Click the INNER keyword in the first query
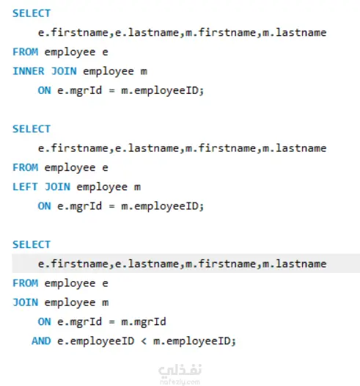point(29,71)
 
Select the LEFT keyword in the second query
point(25,187)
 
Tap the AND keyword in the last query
point(41,341)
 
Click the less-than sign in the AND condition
point(144,341)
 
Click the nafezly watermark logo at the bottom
point(180,374)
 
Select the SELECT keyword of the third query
point(32,244)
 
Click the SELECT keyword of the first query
point(32,13)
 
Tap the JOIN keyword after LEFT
point(57,187)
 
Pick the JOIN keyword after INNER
point(64,71)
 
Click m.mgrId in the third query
point(144,321)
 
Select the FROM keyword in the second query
point(26,167)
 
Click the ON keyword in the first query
point(44,90)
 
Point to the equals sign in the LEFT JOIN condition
point(111,206)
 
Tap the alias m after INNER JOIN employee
point(144,72)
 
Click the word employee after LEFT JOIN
point(102,187)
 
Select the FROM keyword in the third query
point(26,283)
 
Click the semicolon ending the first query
point(202,91)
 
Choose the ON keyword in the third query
point(44,321)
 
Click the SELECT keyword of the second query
point(32,129)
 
